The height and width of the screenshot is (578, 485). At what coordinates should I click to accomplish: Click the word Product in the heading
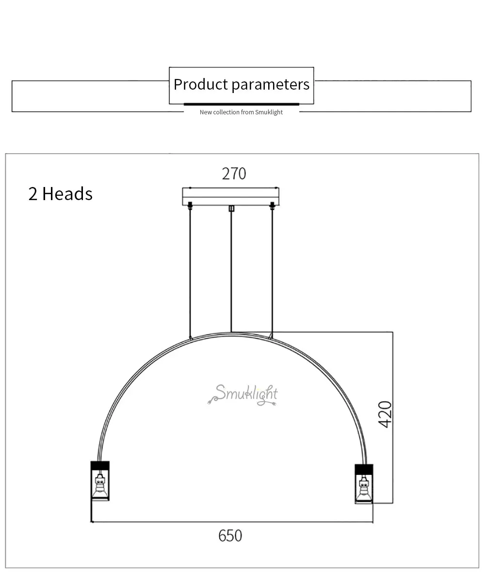(x=201, y=84)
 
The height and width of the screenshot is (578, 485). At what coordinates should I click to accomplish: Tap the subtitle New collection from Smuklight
(x=241, y=112)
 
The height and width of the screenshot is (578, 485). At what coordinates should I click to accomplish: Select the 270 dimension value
(x=234, y=173)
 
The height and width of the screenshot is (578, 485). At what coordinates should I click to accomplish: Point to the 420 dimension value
(x=386, y=414)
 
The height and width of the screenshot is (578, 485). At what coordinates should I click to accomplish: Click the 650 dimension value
(x=230, y=536)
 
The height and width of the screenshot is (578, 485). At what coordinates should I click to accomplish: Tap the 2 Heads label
(x=60, y=194)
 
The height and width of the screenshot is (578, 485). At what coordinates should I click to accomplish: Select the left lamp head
(x=100, y=481)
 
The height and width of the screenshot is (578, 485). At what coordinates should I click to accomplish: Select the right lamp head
(x=364, y=483)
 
